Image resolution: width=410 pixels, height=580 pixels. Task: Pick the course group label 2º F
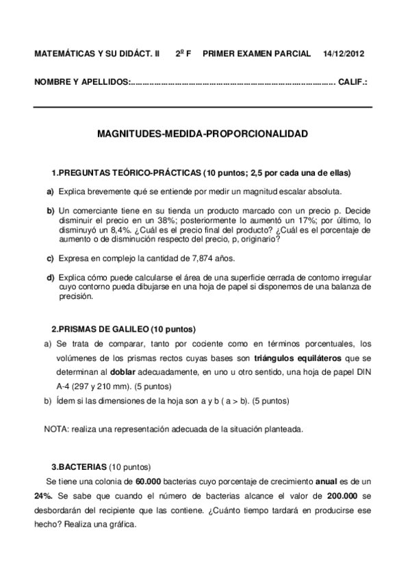click(183, 53)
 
